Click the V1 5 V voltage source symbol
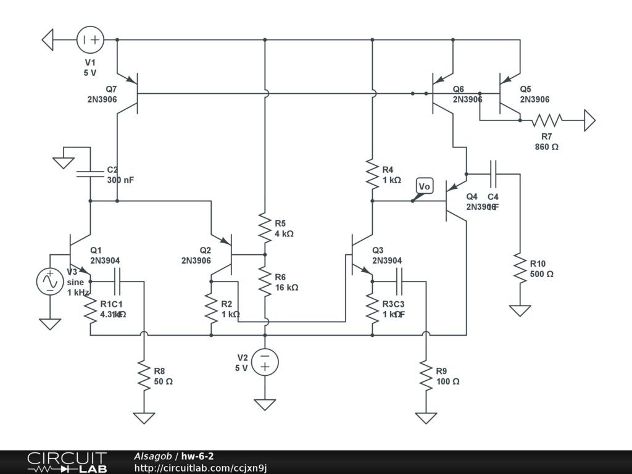coord(91,40)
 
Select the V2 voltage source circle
coord(265,362)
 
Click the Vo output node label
coord(424,186)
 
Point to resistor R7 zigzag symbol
coord(547,120)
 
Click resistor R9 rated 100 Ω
coord(425,376)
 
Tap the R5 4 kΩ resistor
coord(265,228)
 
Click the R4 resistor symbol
coord(372,174)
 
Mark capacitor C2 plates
coord(90,173)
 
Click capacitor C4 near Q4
coord(493,174)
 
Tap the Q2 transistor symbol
coord(225,254)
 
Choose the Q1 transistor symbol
coord(78,254)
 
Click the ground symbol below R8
coord(144,417)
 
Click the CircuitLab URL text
coord(201,468)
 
